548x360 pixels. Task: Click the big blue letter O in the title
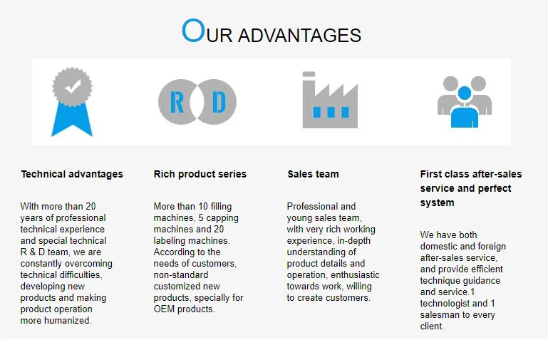(193, 31)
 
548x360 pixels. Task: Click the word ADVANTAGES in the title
(299, 36)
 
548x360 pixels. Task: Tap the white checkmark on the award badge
(73, 86)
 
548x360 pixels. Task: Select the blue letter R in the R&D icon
(177, 102)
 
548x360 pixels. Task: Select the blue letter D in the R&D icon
(219, 102)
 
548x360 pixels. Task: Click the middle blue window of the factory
(331, 112)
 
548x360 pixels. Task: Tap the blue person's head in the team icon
(465, 93)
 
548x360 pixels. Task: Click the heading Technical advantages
(72, 174)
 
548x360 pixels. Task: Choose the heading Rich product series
(200, 174)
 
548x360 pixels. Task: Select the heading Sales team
(313, 174)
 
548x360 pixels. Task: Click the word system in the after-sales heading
(438, 202)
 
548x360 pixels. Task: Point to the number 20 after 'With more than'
(91, 206)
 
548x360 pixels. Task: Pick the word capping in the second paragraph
(222, 218)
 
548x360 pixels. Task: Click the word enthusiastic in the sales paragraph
(355, 274)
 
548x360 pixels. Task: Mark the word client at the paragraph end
(432, 326)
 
